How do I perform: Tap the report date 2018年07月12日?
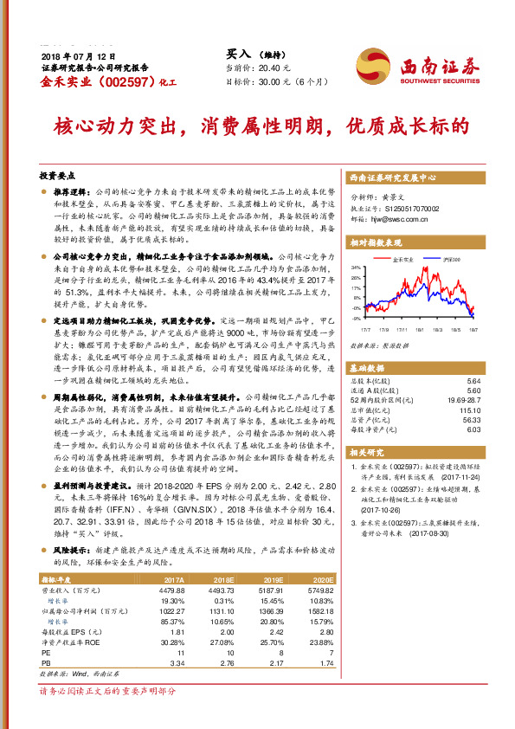72,55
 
